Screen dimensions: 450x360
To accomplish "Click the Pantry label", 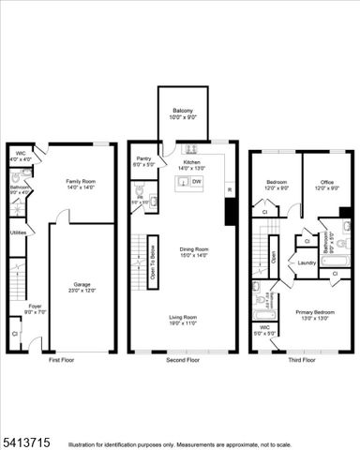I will pos(143,159).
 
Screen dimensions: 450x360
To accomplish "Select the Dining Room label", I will pos(193,248).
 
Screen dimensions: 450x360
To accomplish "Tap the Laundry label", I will pos(307,262).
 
